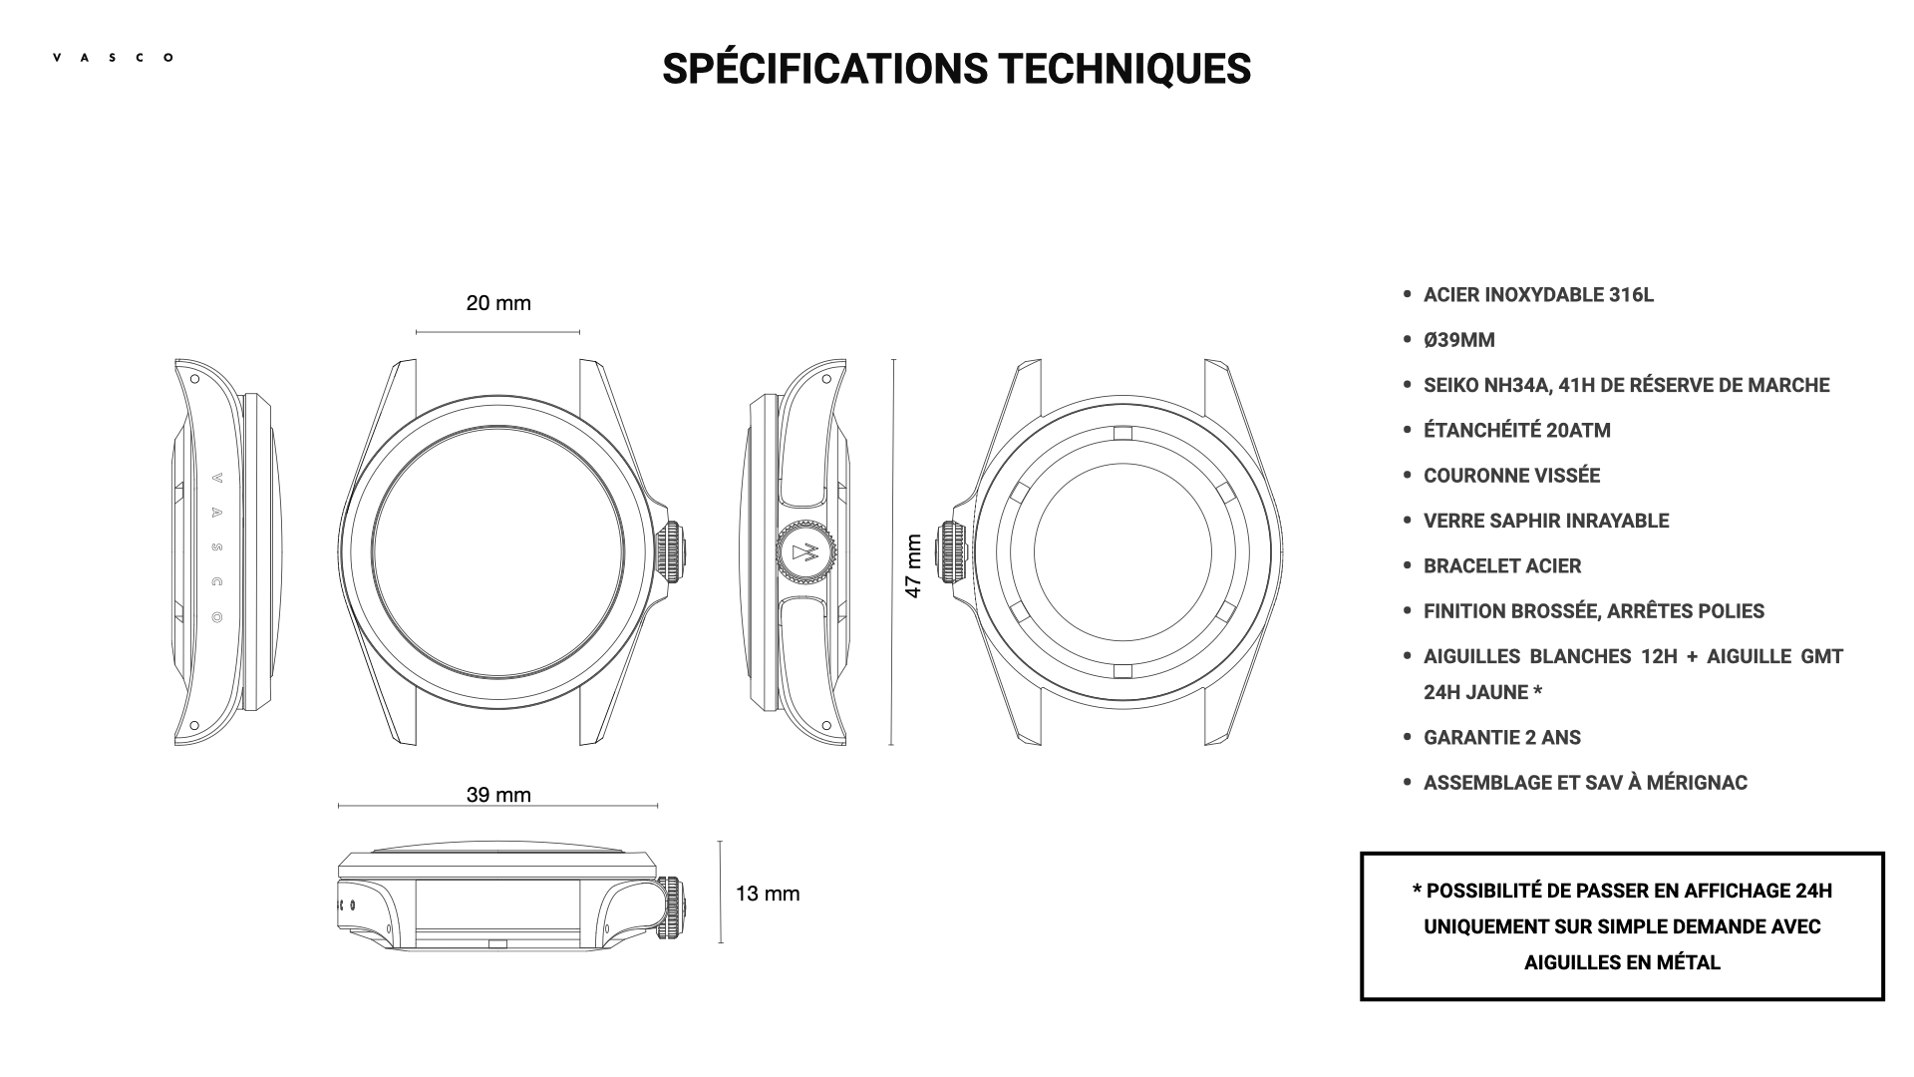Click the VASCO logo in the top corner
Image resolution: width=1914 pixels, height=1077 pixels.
[x=113, y=58]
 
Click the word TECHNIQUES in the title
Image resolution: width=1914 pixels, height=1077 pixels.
[x=1124, y=69]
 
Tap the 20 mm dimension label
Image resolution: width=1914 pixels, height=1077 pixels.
[x=498, y=303]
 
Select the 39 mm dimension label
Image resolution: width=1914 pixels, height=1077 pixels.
[x=498, y=795]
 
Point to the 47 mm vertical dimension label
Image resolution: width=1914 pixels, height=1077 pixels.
[x=913, y=566]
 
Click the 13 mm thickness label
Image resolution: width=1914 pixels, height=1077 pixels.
[x=768, y=894]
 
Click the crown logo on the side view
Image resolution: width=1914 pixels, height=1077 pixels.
[x=804, y=552]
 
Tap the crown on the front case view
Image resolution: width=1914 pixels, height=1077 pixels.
[x=671, y=551]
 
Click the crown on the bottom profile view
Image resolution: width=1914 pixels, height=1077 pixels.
[x=673, y=906]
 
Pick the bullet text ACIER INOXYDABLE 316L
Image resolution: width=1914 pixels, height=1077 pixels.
[x=1538, y=295]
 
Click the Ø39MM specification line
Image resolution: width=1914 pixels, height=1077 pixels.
[x=1459, y=340]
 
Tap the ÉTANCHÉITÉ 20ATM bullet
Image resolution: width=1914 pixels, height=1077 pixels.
[x=1516, y=431]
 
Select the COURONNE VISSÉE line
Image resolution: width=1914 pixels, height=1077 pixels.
[x=1511, y=476]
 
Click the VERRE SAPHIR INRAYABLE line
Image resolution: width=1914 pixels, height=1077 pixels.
[x=1546, y=521]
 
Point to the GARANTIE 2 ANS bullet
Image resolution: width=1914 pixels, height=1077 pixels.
[x=1501, y=738]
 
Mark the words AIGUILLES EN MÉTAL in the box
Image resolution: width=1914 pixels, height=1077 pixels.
[x=1622, y=963]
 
